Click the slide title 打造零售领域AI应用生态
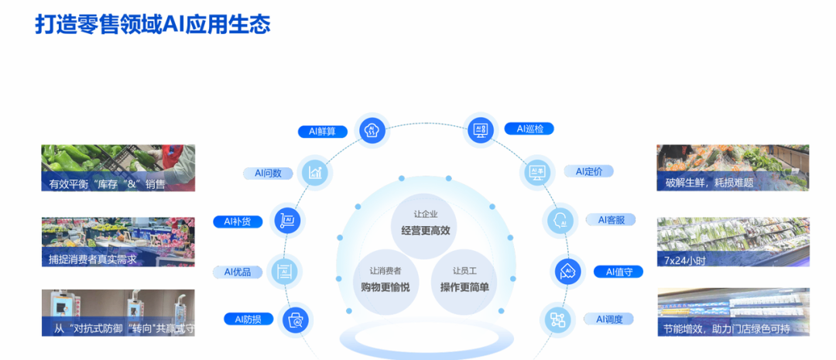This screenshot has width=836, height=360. (x=152, y=24)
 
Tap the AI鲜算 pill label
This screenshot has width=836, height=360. (x=322, y=131)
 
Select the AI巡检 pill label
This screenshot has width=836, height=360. (x=529, y=129)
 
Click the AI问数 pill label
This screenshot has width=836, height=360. (x=268, y=173)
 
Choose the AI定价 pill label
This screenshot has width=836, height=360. (x=589, y=171)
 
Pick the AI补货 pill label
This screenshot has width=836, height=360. (x=238, y=222)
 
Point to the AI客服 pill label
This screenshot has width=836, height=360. (x=611, y=220)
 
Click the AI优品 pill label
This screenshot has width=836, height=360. (x=238, y=272)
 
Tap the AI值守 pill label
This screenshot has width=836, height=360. (x=619, y=272)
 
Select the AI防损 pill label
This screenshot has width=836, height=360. (x=248, y=319)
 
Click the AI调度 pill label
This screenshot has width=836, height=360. (x=609, y=319)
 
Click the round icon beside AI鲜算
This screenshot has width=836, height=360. (x=371, y=129)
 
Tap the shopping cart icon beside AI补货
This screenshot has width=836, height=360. (x=288, y=221)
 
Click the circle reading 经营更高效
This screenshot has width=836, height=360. (x=426, y=224)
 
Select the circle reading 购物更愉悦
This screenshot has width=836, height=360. (x=385, y=280)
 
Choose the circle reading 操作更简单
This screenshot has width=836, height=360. (x=464, y=280)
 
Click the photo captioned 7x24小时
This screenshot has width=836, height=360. (x=732, y=242)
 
